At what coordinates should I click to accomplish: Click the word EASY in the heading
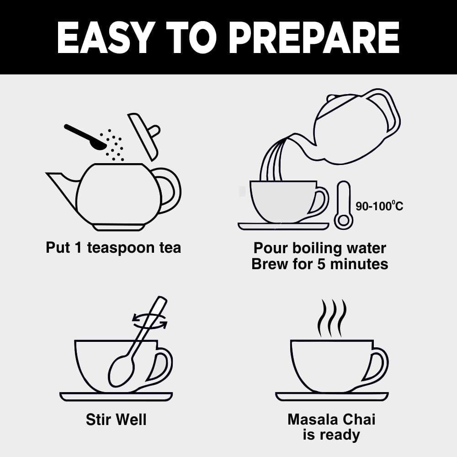(x=106, y=37)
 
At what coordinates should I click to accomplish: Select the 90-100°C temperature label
(x=379, y=206)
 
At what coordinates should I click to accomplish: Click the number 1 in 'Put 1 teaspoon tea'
(x=77, y=247)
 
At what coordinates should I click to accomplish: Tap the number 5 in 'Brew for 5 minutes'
(x=321, y=264)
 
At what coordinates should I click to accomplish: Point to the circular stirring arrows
(x=150, y=321)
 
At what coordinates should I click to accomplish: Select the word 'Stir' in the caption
(x=97, y=420)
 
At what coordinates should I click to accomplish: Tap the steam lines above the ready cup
(x=332, y=318)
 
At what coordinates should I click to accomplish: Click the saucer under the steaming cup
(x=332, y=397)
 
